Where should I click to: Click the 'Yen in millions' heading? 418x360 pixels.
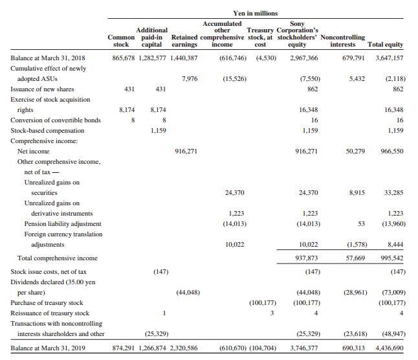tap(255, 13)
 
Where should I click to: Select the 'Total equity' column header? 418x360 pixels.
tap(385, 45)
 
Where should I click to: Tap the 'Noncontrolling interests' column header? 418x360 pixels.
tap(342, 41)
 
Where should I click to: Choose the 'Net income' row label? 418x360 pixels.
tap(33, 151)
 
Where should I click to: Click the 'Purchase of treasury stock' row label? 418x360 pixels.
tap(47, 302)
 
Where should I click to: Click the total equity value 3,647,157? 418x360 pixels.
tap(390, 58)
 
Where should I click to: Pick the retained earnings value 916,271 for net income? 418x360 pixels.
tap(186, 151)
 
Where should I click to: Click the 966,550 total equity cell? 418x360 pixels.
tap(392, 151)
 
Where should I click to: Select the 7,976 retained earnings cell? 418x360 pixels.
tap(190, 78)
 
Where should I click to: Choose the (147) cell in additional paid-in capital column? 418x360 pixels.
tap(160, 272)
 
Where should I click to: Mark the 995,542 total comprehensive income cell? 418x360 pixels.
tap(392, 258)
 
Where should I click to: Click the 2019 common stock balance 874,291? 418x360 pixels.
tap(124, 348)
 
